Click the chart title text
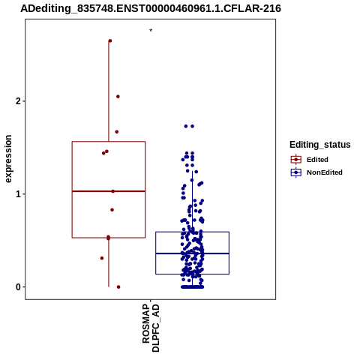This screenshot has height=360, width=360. [151, 8]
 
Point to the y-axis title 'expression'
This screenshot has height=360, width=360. [8, 159]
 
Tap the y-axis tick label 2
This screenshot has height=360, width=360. [18, 101]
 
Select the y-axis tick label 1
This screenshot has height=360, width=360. [18, 194]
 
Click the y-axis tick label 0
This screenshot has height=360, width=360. [18, 287]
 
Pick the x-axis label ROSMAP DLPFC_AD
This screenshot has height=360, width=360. [151, 328]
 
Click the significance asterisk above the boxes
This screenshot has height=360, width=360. [151, 31]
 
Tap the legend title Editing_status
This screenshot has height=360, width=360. [320, 145]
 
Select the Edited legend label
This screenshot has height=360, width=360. [317, 160]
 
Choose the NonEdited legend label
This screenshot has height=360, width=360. [325, 172]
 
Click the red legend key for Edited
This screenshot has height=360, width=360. [296, 160]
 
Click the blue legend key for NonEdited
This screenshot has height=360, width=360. [296, 172]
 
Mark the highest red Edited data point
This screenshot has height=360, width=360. [110, 40]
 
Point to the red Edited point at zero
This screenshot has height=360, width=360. [118, 287]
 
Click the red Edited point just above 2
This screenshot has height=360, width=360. [118, 97]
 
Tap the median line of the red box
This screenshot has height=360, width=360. [109, 191]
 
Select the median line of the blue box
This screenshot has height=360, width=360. [192, 253]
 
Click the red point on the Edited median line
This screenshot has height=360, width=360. [113, 191]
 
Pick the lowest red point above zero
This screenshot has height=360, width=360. [102, 258]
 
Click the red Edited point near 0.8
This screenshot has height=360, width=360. [112, 210]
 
